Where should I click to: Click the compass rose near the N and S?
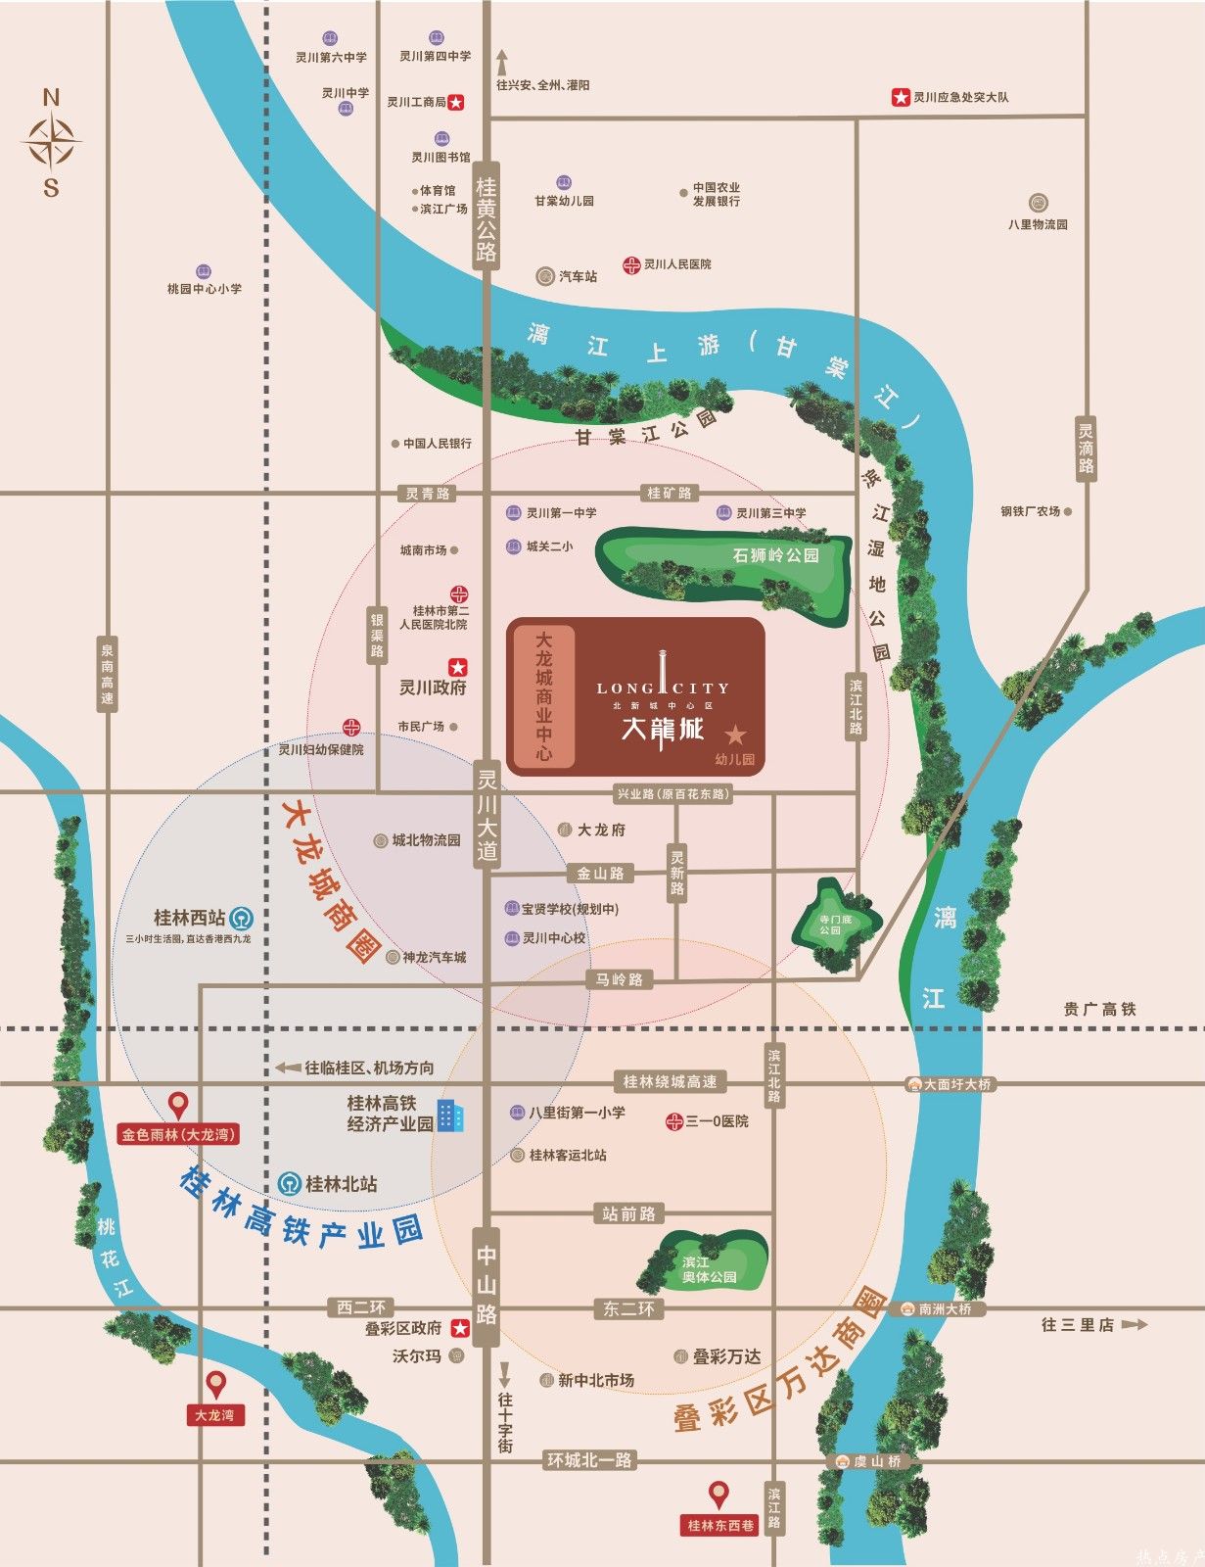point(51,142)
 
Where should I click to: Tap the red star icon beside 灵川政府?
point(457,667)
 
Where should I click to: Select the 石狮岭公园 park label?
point(775,555)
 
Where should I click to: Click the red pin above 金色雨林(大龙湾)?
point(178,1106)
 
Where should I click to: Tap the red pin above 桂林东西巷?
point(719,1496)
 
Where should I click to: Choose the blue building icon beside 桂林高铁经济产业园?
point(450,1115)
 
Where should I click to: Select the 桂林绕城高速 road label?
point(671,1082)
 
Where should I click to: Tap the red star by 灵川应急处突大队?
point(900,97)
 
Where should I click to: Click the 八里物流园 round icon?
point(1039,204)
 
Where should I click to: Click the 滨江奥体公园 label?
point(710,1270)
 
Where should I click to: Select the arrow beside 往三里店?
point(1134,1325)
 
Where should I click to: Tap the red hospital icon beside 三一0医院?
point(673,1121)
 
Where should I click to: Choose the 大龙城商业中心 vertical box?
point(543,695)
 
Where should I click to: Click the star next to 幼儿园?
point(735,735)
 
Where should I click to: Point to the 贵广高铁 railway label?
point(1100,1009)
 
